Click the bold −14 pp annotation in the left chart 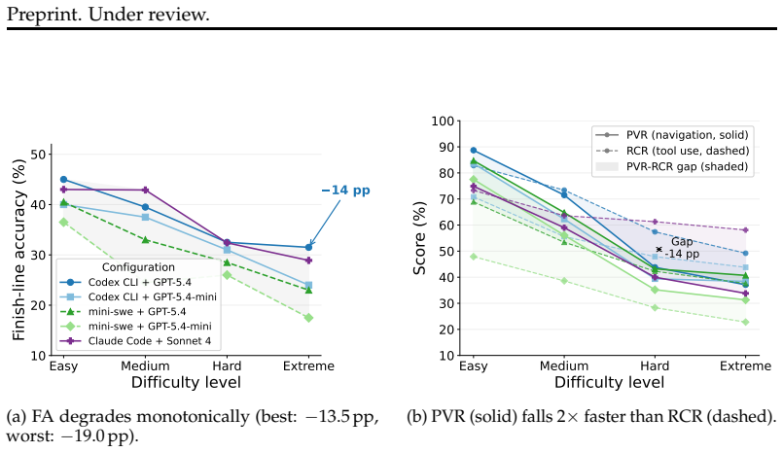pyautogui.click(x=345, y=191)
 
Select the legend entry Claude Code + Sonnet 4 pyautogui.click(x=150, y=341)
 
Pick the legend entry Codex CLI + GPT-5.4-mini pyautogui.click(x=153, y=296)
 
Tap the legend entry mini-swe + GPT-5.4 pyautogui.click(x=137, y=312)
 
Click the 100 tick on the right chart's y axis pyautogui.click(x=443, y=122)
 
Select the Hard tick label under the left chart pyautogui.click(x=227, y=366)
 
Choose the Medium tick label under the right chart pyautogui.click(x=564, y=366)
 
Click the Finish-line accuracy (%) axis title pyautogui.click(x=19, y=250)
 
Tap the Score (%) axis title pyautogui.click(x=419, y=238)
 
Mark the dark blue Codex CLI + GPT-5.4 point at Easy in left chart pyautogui.click(x=63, y=180)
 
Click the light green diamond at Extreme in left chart pyautogui.click(x=308, y=318)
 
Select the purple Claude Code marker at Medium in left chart pyautogui.click(x=145, y=191)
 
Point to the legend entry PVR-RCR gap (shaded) pyautogui.click(x=687, y=166)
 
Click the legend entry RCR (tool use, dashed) pyautogui.click(x=688, y=151)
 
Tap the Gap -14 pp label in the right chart pyautogui.click(x=682, y=248)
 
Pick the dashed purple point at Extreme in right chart pyautogui.click(x=745, y=230)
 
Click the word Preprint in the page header pyautogui.click(x=44, y=15)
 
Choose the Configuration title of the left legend pyautogui.click(x=138, y=267)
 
